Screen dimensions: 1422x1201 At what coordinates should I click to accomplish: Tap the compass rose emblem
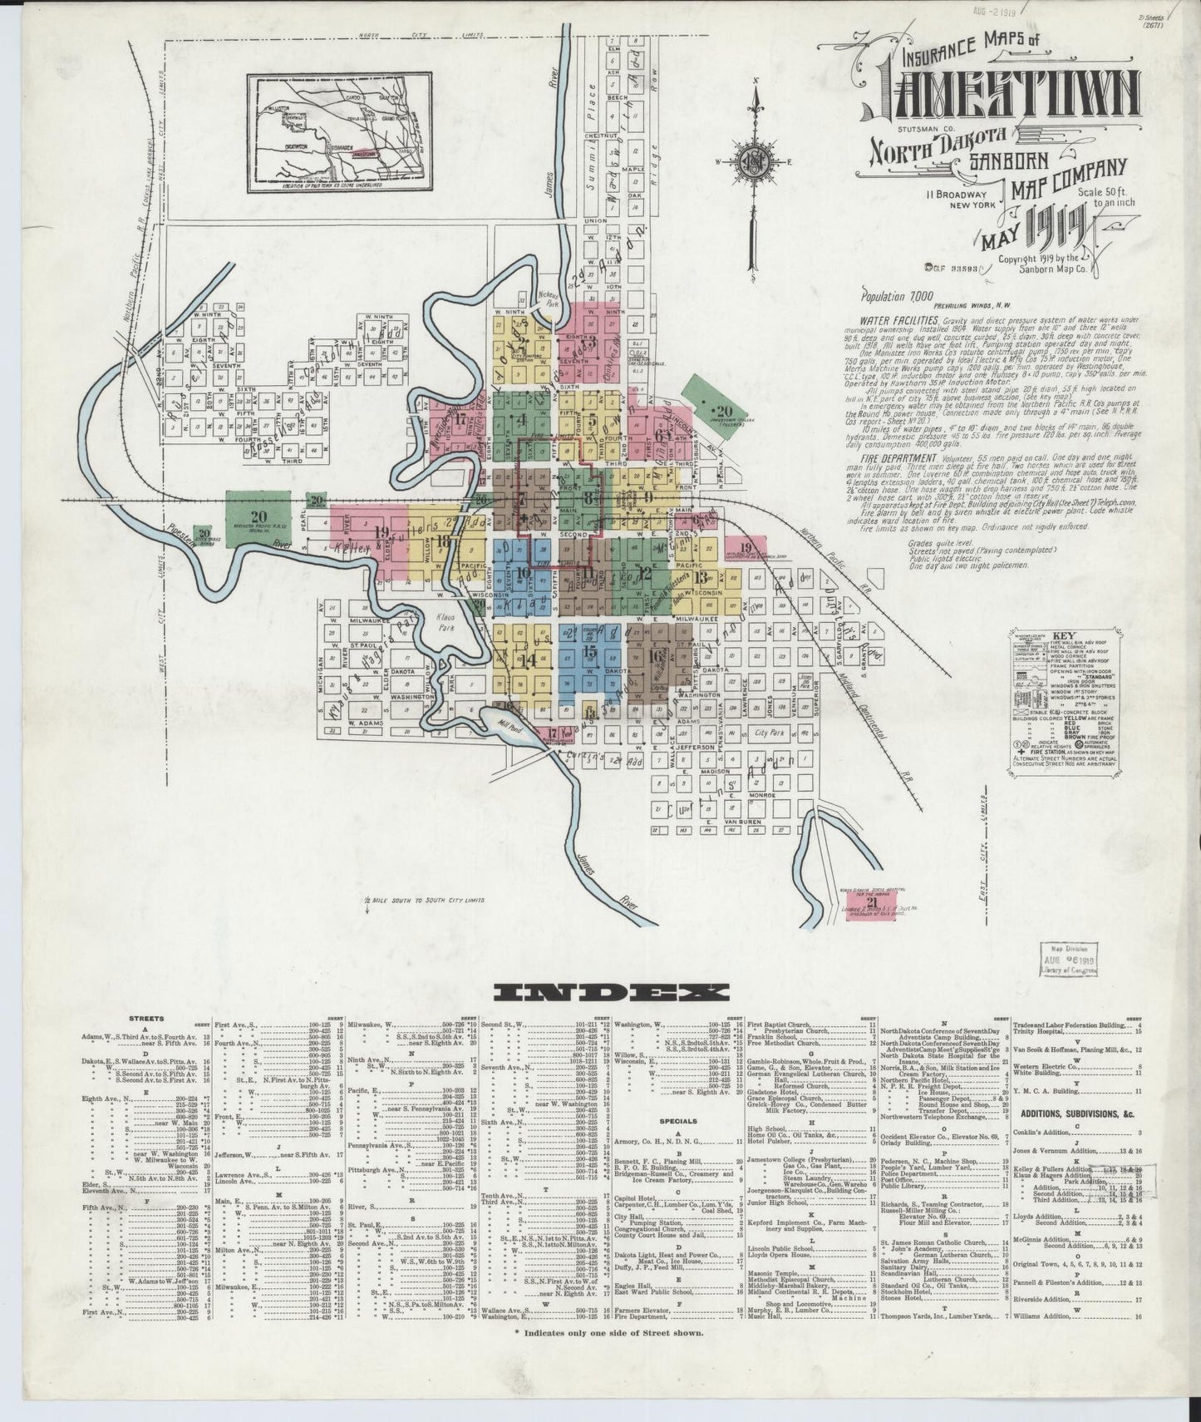(752, 161)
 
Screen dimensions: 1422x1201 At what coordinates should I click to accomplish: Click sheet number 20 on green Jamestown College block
(723, 410)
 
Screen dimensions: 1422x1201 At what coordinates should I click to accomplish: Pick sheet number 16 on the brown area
(655, 655)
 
